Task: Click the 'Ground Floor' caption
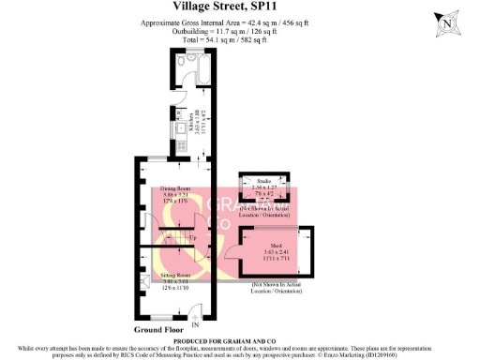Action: click(x=158, y=330)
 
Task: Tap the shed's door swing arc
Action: click(x=230, y=245)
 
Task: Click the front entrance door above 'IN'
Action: click(x=195, y=312)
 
